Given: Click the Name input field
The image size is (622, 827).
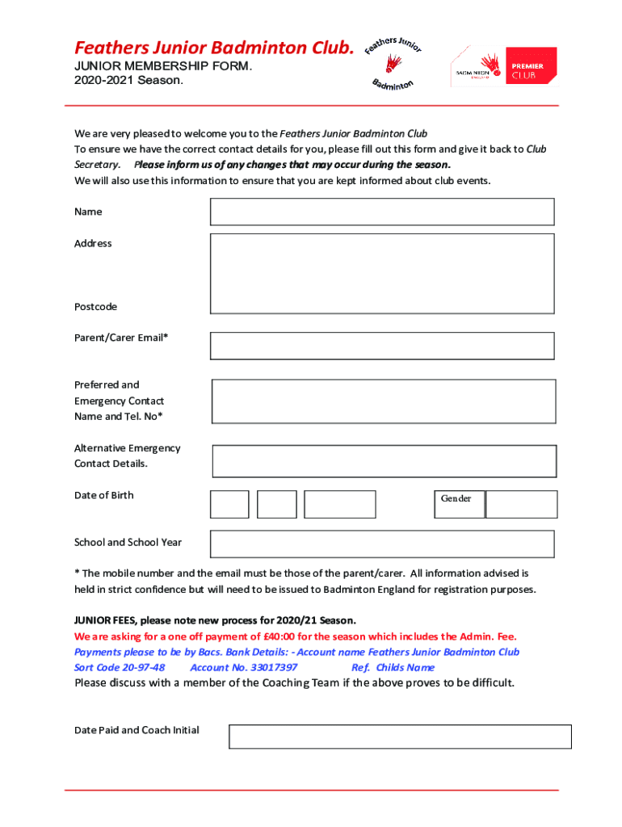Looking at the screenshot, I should (x=382, y=212).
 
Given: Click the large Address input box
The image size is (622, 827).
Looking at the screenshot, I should (x=382, y=273).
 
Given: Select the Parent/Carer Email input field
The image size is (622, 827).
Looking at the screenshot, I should (x=382, y=346).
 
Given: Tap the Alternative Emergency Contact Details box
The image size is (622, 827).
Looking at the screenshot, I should (x=384, y=461).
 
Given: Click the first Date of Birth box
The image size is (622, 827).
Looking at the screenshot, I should (x=229, y=504).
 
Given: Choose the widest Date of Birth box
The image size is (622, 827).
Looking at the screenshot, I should (x=340, y=504).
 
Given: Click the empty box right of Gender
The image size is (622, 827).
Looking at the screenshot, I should (x=521, y=504).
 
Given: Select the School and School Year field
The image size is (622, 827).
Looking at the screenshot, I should (x=382, y=544).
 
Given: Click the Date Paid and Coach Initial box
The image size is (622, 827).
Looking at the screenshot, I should (x=400, y=737).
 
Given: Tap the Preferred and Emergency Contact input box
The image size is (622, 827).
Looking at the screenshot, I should (x=384, y=401).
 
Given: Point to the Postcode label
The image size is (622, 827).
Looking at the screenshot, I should (x=95, y=307).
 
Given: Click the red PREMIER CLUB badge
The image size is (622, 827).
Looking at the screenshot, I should (x=531, y=67).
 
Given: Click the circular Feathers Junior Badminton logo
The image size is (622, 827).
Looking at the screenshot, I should (x=393, y=62).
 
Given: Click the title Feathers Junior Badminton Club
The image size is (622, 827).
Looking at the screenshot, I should (x=214, y=48).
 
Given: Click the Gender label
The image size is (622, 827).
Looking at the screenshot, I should (x=456, y=498).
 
